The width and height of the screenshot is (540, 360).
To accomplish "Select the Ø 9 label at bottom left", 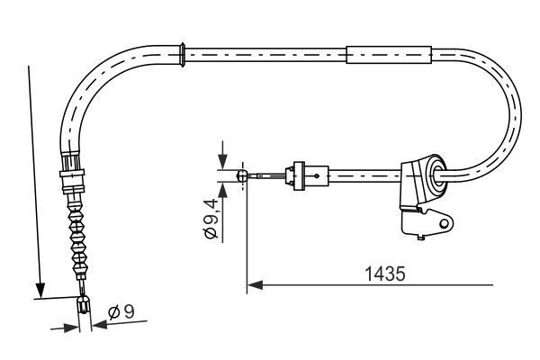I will coord(121,313).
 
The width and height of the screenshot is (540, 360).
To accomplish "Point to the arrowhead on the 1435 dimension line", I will coord(254,286).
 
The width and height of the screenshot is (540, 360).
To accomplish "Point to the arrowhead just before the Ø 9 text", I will coord(98,327).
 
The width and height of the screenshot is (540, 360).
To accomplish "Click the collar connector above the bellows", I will coord(72,172).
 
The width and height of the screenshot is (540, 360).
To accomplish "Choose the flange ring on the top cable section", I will coord(184,53).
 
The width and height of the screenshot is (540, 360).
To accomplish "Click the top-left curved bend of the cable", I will coord(99,82).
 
